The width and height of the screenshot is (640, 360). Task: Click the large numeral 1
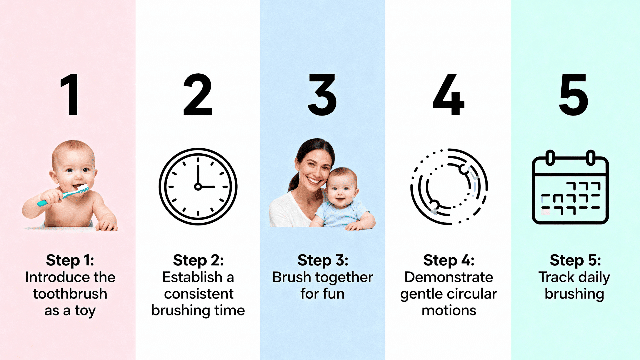(70, 95)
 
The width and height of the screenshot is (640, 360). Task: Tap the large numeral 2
(198, 95)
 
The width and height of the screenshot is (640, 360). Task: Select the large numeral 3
(322, 95)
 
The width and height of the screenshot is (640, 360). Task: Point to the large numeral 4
(448, 95)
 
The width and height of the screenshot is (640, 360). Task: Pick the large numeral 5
(574, 95)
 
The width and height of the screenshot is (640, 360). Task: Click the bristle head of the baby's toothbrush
(83, 189)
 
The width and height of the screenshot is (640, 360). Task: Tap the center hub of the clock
(198, 187)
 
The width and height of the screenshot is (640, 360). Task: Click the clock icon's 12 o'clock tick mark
(198, 160)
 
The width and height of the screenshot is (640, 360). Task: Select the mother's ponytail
(293, 182)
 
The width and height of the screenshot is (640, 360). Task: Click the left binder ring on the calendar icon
(550, 158)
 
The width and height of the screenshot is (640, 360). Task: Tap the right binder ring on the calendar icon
(591, 158)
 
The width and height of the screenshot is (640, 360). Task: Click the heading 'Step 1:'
(70, 260)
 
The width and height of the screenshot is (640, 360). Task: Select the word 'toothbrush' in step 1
(70, 294)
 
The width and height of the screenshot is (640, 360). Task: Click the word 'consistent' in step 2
(199, 294)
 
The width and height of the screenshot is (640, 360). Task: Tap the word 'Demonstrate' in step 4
(449, 277)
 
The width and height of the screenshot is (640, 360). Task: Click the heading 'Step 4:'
(449, 260)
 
